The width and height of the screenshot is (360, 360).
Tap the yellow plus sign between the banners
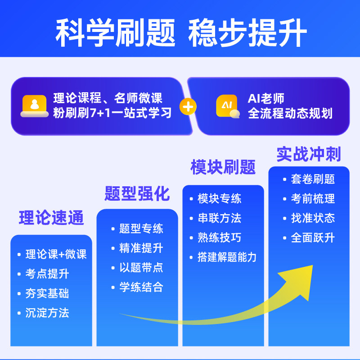(188, 107)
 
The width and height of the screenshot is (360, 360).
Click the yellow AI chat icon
(227, 107)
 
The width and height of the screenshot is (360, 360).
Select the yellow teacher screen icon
(35, 106)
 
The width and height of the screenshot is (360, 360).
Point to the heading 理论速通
(51, 218)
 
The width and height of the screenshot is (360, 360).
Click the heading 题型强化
(137, 194)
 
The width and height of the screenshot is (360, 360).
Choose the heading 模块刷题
(223, 167)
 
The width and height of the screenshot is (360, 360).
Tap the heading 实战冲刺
(309, 154)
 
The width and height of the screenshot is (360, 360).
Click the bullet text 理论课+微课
(56, 254)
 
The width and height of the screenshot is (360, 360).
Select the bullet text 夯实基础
(47, 293)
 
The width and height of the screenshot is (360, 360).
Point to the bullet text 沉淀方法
(47, 313)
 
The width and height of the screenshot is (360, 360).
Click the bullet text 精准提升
(141, 248)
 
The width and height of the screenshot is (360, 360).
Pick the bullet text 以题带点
(141, 267)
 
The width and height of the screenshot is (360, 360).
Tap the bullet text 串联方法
(219, 218)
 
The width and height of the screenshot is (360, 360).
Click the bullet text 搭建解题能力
(227, 257)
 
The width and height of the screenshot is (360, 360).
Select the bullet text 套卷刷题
(313, 179)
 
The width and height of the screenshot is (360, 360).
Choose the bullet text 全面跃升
(313, 238)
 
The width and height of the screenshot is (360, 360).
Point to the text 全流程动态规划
(290, 113)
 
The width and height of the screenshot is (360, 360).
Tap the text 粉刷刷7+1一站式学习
(112, 112)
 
